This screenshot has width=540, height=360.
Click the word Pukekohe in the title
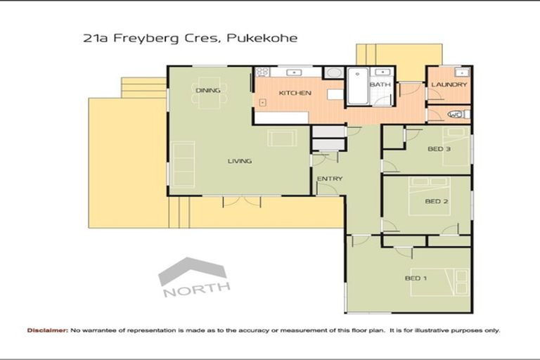[262, 39]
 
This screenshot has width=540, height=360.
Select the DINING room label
[208, 91]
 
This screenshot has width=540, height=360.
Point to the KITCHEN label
[290, 93]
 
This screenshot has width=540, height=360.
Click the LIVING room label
[239, 161]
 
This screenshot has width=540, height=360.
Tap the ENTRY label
[330, 179]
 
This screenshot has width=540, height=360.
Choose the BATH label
[380, 85]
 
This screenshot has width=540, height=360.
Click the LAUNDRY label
[449, 85]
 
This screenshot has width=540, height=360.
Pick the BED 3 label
[439, 148]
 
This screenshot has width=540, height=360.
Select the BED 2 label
[437, 201]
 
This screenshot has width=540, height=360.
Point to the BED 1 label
[416, 278]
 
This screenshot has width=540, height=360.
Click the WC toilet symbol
[455, 114]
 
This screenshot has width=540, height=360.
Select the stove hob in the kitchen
[262, 72]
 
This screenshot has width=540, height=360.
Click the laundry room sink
[461, 72]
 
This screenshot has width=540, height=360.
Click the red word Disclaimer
[48, 330]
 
